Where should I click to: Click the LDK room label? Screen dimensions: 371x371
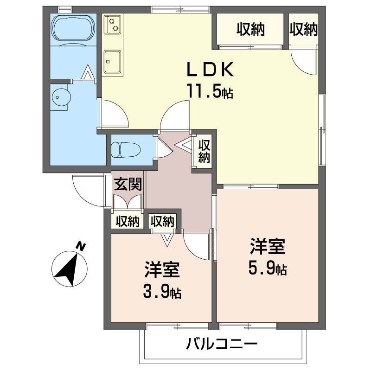(209, 70)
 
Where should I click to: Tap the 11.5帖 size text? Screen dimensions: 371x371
(210, 91)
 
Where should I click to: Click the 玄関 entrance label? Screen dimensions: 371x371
(128, 184)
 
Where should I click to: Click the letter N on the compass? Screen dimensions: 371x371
(81, 246)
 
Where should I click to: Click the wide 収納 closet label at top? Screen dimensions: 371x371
(250, 30)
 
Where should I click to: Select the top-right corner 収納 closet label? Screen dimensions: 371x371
(303, 30)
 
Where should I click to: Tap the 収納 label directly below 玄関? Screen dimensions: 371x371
(128, 221)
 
